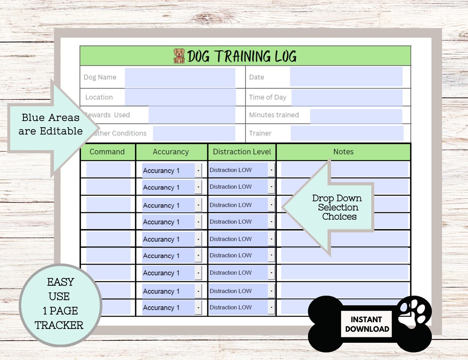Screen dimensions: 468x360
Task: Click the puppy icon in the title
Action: (x=179, y=56)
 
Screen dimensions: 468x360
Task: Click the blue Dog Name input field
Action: (x=180, y=77)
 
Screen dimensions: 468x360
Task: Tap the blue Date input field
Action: (x=346, y=77)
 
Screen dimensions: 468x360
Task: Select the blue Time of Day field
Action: (x=347, y=97)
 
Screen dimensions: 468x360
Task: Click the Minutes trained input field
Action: (x=356, y=115)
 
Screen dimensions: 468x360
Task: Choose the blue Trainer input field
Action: (x=347, y=133)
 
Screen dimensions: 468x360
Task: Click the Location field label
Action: (x=99, y=97)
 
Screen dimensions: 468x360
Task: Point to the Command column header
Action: (x=107, y=152)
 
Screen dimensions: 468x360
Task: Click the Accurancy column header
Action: (x=171, y=152)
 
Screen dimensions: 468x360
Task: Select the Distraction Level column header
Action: (x=242, y=152)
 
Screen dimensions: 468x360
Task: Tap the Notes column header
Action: (x=343, y=152)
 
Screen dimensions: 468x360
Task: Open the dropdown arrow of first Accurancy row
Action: (x=198, y=170)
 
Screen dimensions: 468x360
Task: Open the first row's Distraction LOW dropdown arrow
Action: (x=271, y=170)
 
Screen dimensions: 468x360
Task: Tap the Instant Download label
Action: (x=367, y=324)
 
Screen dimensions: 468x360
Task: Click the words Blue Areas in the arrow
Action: (x=50, y=118)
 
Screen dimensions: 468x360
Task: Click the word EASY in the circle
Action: (x=60, y=282)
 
